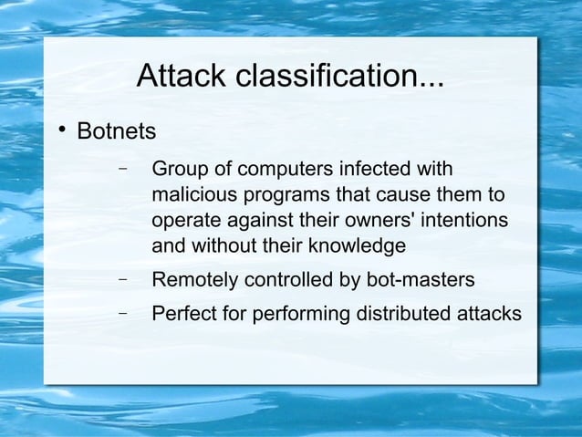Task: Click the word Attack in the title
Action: point(181,78)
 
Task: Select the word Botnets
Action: point(117,131)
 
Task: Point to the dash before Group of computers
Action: point(121,170)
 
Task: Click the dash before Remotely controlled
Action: point(121,278)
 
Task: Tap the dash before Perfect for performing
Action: point(121,314)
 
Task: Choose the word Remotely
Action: point(191,279)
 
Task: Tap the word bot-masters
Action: point(421,278)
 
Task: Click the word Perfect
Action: point(181,315)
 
